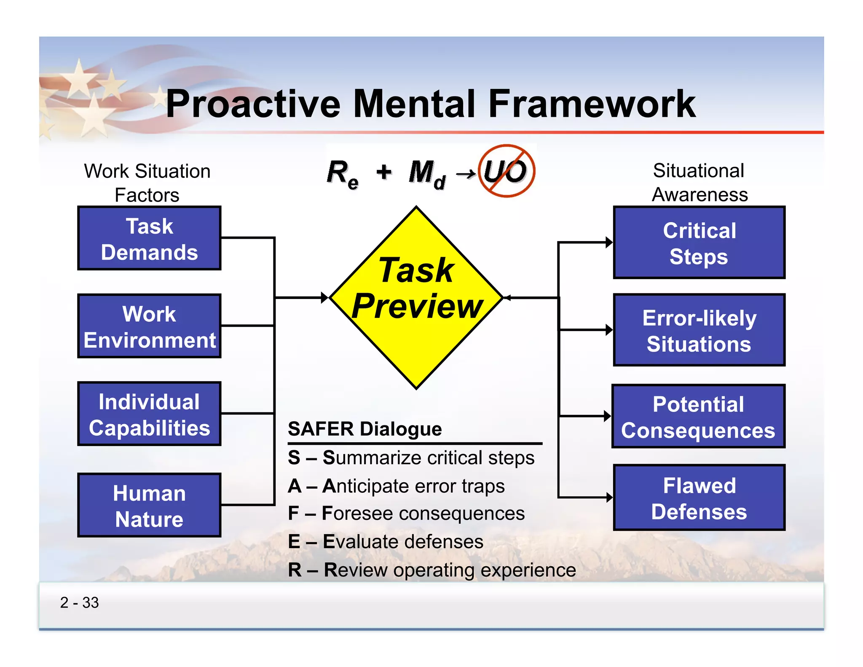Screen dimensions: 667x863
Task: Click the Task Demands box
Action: click(149, 239)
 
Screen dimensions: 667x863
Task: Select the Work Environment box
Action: click(149, 326)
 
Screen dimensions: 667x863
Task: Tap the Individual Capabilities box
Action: click(149, 414)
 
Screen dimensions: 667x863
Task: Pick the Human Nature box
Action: click(149, 505)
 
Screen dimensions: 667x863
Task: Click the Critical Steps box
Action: click(699, 243)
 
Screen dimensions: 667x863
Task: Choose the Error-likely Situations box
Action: click(699, 330)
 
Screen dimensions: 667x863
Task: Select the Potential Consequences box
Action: click(698, 417)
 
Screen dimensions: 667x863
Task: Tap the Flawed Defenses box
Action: click(699, 498)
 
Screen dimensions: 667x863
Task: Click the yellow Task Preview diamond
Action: click(416, 298)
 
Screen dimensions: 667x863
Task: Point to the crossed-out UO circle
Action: click(507, 171)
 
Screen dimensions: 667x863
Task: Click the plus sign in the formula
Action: click(384, 172)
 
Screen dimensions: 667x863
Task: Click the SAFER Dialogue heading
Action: click(364, 429)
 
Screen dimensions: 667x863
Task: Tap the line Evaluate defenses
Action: click(385, 542)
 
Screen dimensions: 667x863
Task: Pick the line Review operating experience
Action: click(431, 570)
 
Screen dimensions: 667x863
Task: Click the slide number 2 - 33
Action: click(79, 602)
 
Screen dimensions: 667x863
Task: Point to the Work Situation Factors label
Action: click(147, 183)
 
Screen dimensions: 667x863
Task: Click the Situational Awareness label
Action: click(699, 183)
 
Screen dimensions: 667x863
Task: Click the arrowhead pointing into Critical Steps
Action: click(609, 242)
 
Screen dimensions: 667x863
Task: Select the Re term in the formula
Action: click(342, 174)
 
